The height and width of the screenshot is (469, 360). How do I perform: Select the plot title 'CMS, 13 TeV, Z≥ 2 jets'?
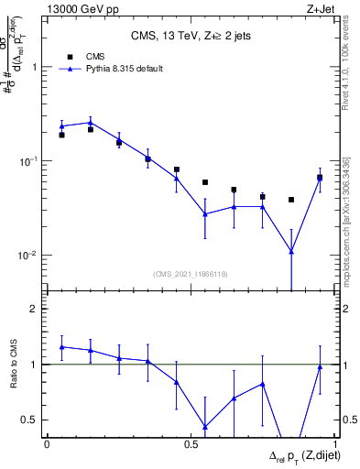click(x=191, y=36)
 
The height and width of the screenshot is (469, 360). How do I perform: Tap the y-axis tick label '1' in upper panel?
click(x=35, y=67)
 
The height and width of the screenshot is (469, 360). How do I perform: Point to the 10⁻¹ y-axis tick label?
click(x=29, y=160)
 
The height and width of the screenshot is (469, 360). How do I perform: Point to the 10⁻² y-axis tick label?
click(x=29, y=255)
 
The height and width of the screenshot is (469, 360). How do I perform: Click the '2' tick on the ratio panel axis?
click(x=35, y=309)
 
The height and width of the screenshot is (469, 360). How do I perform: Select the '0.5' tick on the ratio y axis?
click(x=30, y=420)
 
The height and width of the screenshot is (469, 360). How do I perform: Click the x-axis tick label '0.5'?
click(x=191, y=444)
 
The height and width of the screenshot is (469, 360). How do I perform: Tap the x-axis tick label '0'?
click(x=47, y=444)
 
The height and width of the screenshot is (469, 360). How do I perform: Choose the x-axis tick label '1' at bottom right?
click(x=334, y=444)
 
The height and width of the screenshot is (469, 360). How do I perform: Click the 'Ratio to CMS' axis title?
click(x=12, y=364)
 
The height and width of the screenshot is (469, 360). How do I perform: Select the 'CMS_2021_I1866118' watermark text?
click(x=191, y=274)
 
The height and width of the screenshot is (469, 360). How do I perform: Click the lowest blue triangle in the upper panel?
click(x=291, y=251)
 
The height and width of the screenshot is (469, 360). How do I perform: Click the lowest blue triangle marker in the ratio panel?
click(x=205, y=427)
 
